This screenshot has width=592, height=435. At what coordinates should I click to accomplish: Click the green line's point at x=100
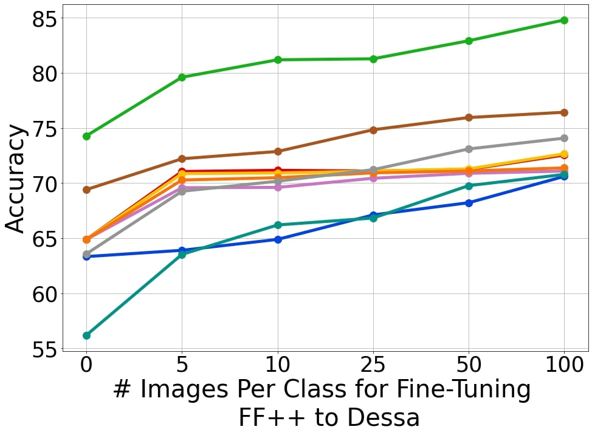pos(564,20)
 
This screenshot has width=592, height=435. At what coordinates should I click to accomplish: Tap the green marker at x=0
pos(86,136)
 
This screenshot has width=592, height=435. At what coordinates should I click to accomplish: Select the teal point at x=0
pos(86,335)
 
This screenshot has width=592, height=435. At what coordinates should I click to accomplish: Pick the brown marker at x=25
pos(373,130)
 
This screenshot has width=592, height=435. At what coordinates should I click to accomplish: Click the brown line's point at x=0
pos(86,190)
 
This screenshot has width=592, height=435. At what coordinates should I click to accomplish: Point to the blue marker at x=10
pos(278,239)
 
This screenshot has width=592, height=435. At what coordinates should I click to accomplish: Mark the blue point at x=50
pos(469,203)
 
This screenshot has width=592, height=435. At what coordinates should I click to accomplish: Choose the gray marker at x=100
pos(564,138)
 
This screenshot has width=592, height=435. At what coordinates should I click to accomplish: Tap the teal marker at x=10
pos(278,225)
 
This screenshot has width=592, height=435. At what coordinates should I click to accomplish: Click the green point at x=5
pos(182,77)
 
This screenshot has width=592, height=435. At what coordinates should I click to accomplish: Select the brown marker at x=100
pos(564,112)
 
